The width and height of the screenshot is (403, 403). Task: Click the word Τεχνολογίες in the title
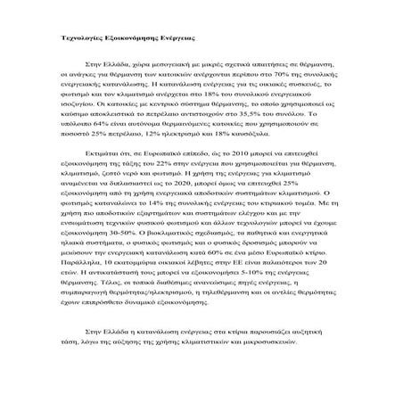(x=75, y=41)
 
